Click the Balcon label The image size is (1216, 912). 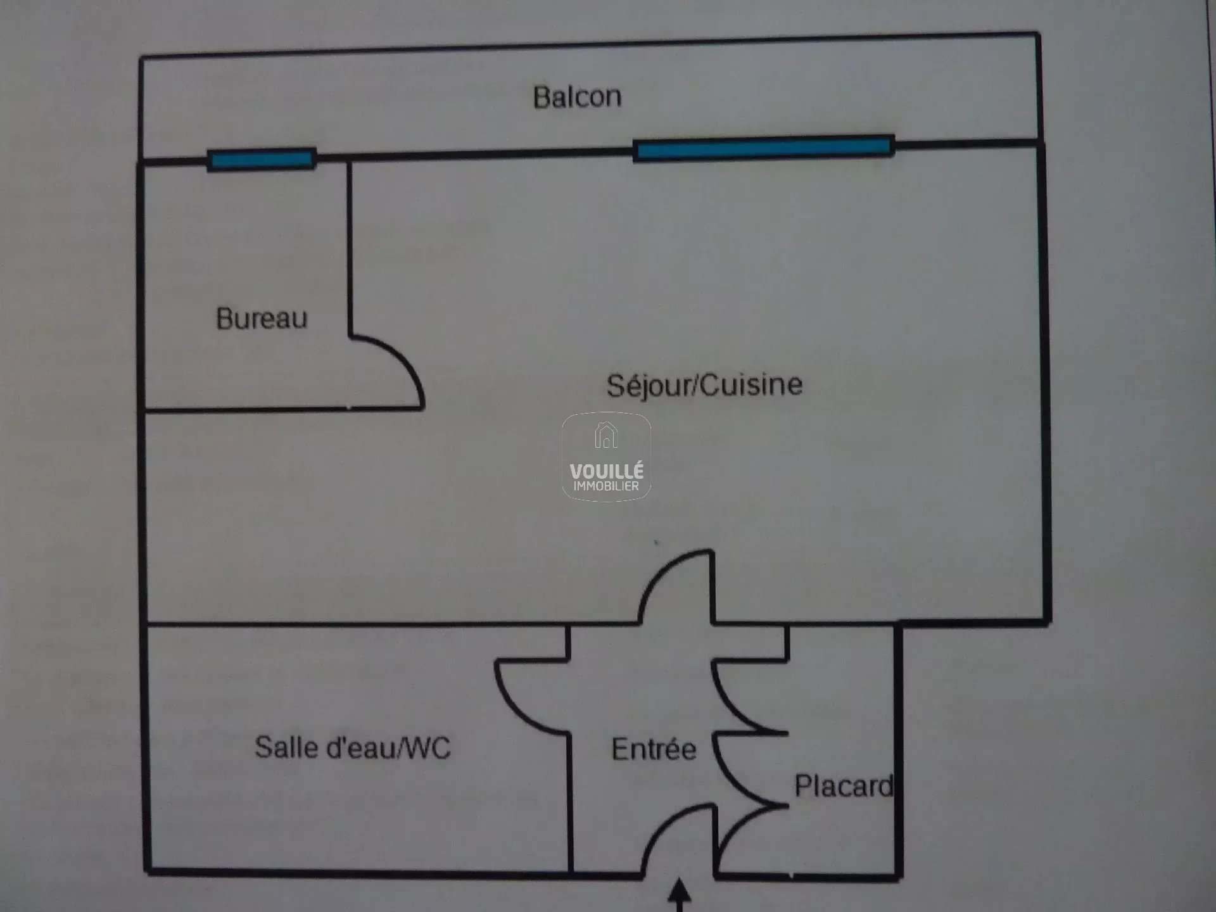(577, 98)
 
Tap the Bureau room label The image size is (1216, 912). (262, 318)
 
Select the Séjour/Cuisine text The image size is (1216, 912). (704, 385)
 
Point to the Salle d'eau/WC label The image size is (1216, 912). (352, 747)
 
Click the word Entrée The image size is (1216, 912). (654, 749)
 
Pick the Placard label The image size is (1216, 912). (844, 786)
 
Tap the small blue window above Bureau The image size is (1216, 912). (262, 159)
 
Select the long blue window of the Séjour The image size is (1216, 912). (763, 148)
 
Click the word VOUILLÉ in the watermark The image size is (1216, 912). (606, 472)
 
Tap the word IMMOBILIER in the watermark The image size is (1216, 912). (606, 486)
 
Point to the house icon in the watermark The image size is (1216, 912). (606, 436)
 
